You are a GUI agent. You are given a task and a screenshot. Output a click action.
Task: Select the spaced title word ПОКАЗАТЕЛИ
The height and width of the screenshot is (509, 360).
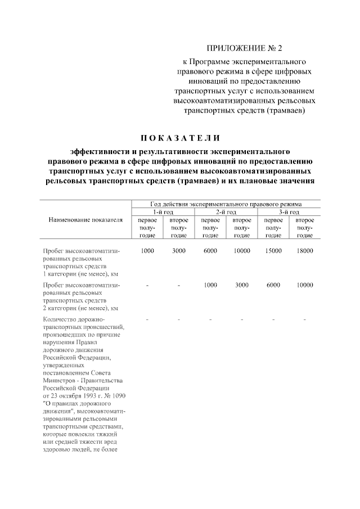(180, 138)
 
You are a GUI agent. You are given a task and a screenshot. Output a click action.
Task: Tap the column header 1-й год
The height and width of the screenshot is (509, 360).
(163, 211)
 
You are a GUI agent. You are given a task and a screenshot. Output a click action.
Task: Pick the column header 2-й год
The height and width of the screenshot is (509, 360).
(226, 211)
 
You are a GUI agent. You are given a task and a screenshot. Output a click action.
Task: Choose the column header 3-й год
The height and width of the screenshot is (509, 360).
(289, 211)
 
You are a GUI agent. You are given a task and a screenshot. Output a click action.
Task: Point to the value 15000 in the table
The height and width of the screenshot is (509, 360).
(273, 251)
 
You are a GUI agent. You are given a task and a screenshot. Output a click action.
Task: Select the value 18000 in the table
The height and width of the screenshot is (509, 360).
(304, 251)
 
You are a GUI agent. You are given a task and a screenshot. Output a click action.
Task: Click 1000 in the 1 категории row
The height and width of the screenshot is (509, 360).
(147, 251)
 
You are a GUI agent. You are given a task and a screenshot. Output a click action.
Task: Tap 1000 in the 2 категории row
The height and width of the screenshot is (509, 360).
(210, 285)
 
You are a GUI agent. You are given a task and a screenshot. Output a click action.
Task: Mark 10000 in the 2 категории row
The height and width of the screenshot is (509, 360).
(304, 285)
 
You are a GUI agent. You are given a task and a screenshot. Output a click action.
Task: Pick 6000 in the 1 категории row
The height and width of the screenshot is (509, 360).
(210, 251)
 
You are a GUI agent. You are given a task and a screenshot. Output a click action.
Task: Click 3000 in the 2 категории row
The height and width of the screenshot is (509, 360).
(242, 285)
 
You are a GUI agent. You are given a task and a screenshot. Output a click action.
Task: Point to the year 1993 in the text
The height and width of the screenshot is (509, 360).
(85, 395)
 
